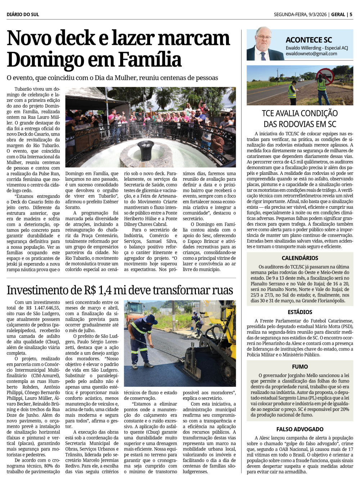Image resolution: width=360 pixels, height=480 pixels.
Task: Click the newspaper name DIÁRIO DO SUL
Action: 23,14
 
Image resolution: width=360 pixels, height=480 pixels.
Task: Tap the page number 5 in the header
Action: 351,14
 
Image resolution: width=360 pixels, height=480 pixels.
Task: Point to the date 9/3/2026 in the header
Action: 317,14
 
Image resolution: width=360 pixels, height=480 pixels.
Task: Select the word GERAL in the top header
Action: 338,14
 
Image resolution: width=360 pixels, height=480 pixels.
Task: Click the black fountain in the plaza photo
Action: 146,150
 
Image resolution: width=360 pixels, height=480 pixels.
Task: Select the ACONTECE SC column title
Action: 309,40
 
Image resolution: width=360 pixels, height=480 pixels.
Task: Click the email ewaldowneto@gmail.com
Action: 311,54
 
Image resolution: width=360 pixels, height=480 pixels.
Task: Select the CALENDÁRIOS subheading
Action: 300,258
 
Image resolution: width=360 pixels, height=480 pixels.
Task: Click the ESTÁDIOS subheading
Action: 300,312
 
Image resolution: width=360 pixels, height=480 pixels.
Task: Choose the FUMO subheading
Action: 300,367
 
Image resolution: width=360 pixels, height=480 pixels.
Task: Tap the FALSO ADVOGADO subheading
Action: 300,429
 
